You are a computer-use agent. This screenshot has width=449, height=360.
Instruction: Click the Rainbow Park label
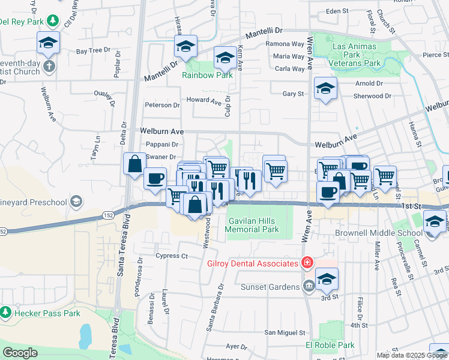click(x=208, y=76)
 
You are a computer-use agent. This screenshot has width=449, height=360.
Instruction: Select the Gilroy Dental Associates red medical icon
click(x=307, y=263)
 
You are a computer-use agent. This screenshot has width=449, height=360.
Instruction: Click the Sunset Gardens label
click(x=270, y=287)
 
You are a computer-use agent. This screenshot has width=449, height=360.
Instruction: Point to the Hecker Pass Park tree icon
click(x=6, y=313)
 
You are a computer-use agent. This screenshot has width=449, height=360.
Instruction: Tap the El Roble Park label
click(x=330, y=345)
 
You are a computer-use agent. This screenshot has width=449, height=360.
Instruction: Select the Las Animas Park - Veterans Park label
click(x=354, y=55)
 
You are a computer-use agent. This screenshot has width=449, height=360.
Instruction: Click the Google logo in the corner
click(x=20, y=353)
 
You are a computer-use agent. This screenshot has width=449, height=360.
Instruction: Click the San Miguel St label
click(x=285, y=332)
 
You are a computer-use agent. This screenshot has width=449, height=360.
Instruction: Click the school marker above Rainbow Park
click(x=225, y=58)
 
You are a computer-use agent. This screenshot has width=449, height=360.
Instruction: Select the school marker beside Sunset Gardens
click(x=326, y=279)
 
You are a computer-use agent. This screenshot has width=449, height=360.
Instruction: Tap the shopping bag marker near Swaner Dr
click(x=135, y=164)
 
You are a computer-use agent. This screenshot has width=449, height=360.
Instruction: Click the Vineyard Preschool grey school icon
click(x=76, y=202)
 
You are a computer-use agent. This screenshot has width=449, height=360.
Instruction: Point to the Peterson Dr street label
click(x=162, y=105)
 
